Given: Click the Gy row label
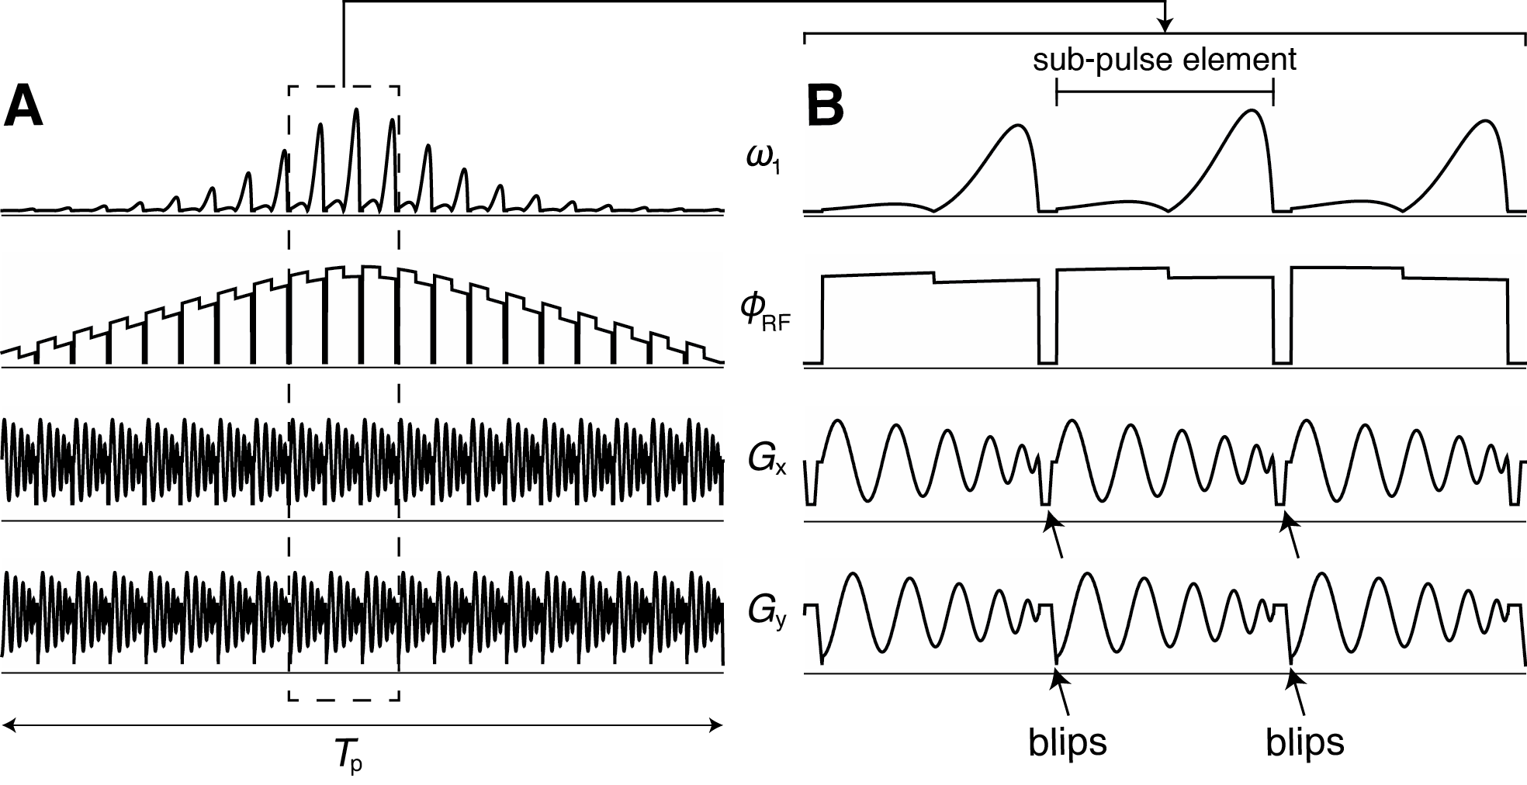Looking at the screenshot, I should point(765,613).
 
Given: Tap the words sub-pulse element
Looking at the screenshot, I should point(1164,60).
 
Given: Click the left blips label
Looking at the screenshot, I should point(1068,742).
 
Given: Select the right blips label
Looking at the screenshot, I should point(1305,742).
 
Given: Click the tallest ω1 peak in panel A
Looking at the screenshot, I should point(356,110).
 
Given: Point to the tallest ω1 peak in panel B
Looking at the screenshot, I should point(1252,111).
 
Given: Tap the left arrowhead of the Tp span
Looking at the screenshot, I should point(8,725).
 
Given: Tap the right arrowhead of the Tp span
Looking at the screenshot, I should point(717,725).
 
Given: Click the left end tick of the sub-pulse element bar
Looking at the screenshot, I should point(1057,93).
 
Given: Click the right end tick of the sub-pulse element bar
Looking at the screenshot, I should point(1273,93).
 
